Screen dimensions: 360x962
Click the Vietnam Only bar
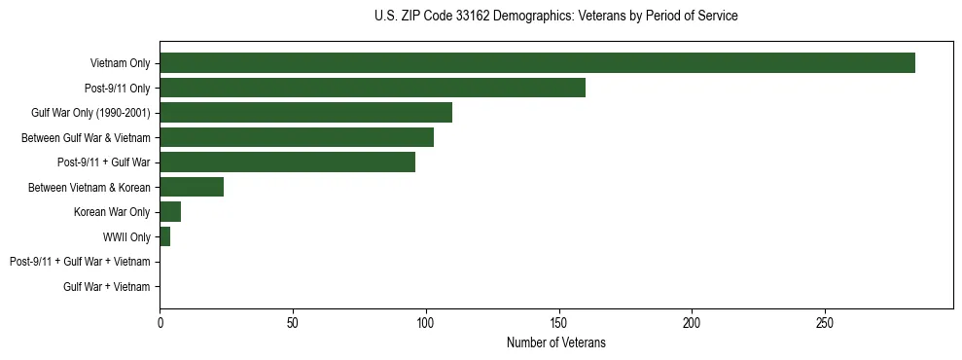coord(537,63)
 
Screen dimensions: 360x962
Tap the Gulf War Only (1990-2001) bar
coord(305,113)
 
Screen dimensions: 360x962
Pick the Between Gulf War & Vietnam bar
coord(297,137)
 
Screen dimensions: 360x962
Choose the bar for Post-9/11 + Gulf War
coord(287,162)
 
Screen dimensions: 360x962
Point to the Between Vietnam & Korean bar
coord(192,187)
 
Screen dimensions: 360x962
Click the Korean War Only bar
coord(170,212)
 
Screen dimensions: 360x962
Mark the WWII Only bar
coord(165,236)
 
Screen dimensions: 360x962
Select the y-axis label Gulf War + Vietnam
coord(106,287)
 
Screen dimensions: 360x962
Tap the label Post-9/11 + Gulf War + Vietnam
coord(80,262)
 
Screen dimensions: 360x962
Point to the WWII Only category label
coord(126,236)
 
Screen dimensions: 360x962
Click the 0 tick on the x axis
coord(160,322)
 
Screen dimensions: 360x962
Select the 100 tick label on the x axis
coord(426,322)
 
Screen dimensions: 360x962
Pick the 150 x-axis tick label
coord(558,322)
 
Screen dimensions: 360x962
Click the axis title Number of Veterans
coord(556,342)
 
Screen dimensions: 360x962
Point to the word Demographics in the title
coord(526,17)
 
